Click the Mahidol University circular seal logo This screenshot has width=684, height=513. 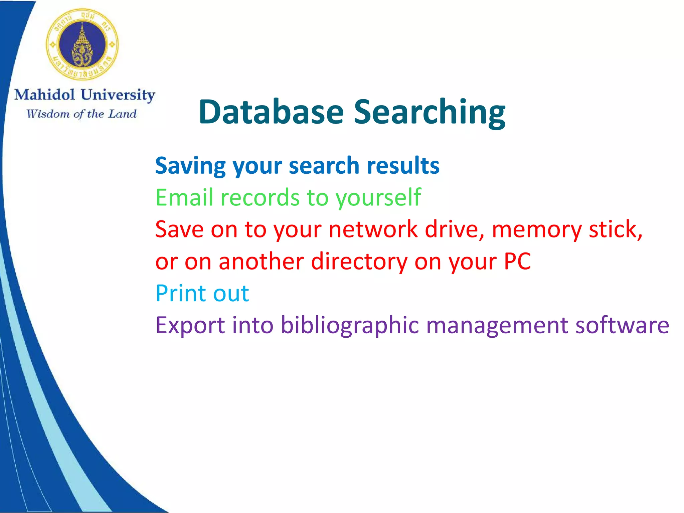(x=82, y=44)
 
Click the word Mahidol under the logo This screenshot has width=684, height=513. (x=44, y=95)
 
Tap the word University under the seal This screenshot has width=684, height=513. (x=118, y=96)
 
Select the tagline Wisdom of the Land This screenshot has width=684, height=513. (x=81, y=114)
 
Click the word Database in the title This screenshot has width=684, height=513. (x=271, y=112)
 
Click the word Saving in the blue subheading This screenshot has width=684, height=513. (x=190, y=166)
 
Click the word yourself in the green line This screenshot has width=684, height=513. (x=378, y=198)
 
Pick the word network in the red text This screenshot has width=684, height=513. (x=373, y=229)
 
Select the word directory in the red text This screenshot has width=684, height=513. (x=359, y=261)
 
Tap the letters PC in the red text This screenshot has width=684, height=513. (x=517, y=261)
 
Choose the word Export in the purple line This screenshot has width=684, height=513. (x=190, y=325)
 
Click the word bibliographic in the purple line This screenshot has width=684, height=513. (x=350, y=325)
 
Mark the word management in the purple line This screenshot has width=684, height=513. (x=497, y=326)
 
